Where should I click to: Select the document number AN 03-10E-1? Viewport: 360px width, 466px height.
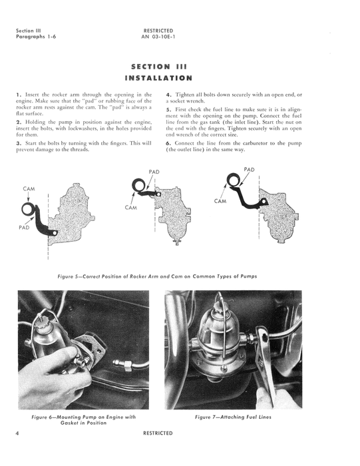click(158, 37)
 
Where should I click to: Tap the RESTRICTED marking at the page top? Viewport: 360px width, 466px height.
click(158, 30)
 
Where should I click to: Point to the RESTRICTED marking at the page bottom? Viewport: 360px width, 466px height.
click(158, 433)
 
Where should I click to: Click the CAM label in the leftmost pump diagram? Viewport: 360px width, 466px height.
click(28, 189)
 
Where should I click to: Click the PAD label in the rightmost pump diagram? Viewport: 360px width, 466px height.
click(249, 170)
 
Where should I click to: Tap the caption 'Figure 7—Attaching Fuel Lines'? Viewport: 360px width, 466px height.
click(232, 417)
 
